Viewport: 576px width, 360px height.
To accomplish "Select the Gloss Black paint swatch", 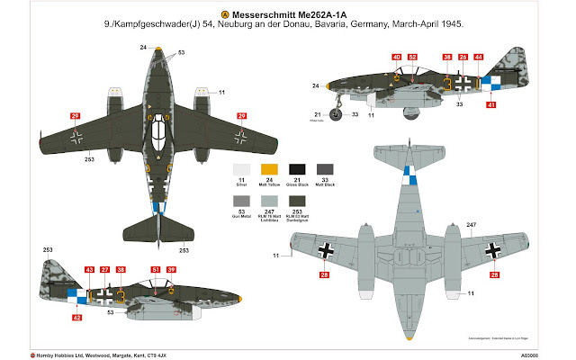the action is pos(296,170).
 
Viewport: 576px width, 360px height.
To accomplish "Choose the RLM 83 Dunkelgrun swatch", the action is pos(296,202).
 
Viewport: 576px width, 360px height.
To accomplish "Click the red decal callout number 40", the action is pos(396,58).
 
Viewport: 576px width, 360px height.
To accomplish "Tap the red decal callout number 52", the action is pos(412,58).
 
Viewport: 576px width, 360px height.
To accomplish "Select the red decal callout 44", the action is pos(478,58).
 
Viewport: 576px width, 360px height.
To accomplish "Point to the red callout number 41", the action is pos(490,105).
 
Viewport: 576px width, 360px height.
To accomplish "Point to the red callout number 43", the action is pos(88,269).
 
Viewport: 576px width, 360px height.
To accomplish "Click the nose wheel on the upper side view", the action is pos(342,114).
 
